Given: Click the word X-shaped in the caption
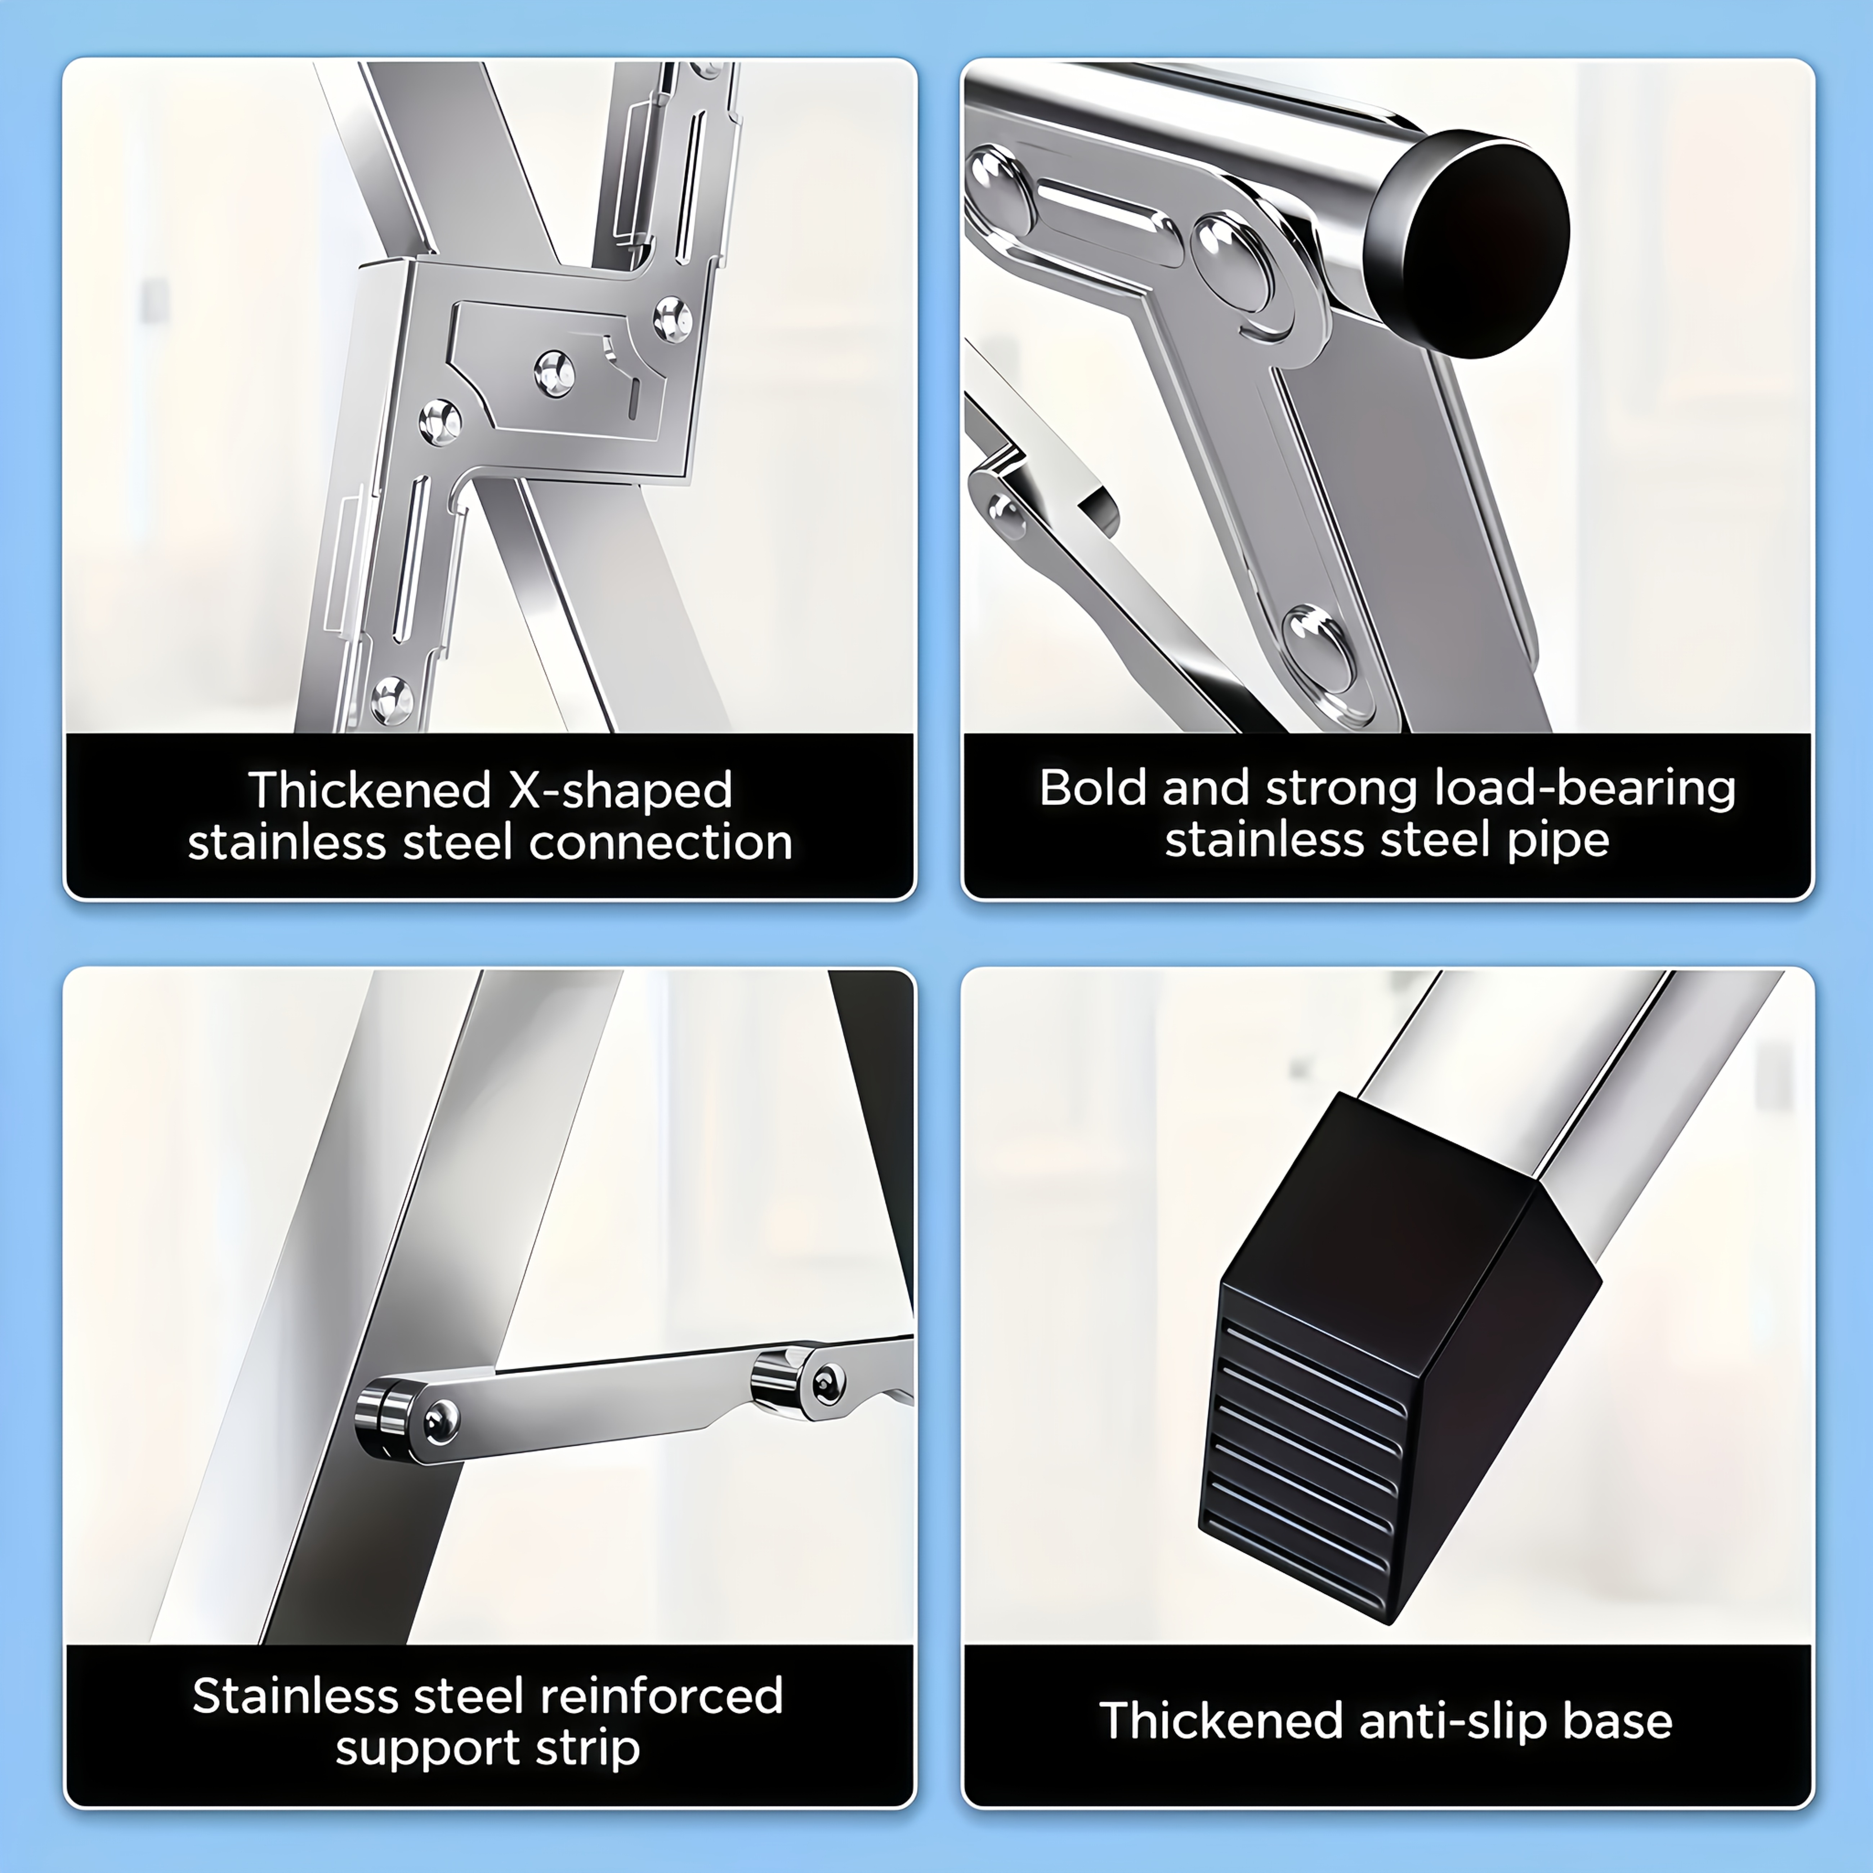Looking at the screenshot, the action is [x=621, y=790].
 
